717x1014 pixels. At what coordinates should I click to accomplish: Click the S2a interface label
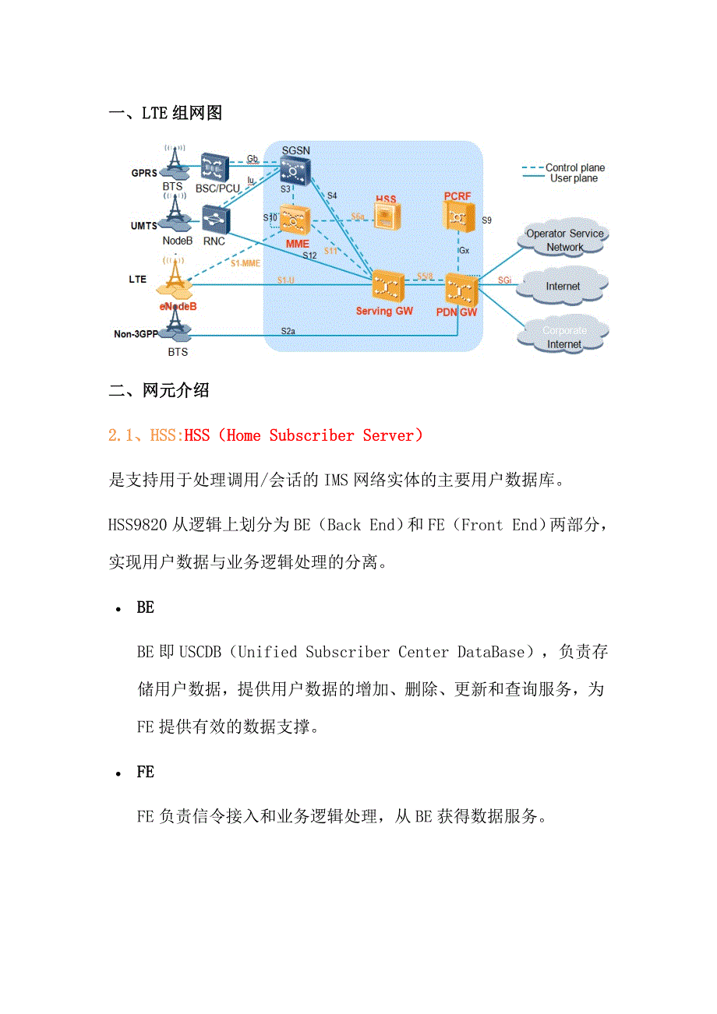pyautogui.click(x=288, y=331)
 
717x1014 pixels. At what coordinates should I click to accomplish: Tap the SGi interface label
pyautogui.click(x=505, y=279)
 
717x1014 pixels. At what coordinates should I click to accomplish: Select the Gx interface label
pyautogui.click(x=464, y=251)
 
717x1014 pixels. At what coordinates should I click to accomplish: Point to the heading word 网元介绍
pyautogui.click(x=175, y=390)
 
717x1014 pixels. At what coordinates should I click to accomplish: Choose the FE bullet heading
pyautogui.click(x=146, y=772)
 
